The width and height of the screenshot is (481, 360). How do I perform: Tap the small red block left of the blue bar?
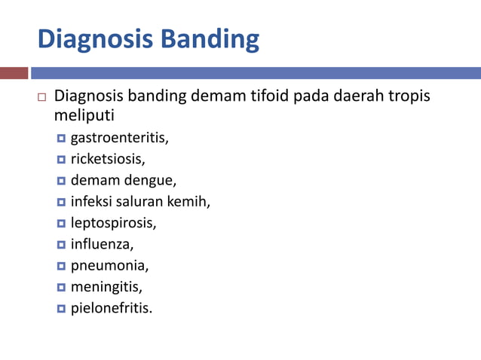(14, 73)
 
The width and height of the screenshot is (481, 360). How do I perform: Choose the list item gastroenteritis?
(119, 138)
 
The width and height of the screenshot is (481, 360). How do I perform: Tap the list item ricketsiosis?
(107, 159)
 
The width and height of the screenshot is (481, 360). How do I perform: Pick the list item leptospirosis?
(113, 223)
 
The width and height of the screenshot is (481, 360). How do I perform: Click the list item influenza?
(102, 244)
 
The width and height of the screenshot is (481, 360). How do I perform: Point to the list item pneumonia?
(109, 266)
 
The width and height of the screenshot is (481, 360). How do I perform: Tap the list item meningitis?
(106, 287)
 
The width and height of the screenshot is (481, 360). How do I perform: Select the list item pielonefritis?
(111, 308)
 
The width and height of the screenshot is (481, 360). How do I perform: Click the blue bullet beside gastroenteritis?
(61, 139)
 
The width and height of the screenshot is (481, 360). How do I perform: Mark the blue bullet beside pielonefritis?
(61, 309)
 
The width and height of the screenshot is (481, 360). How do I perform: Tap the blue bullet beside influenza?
(61, 245)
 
